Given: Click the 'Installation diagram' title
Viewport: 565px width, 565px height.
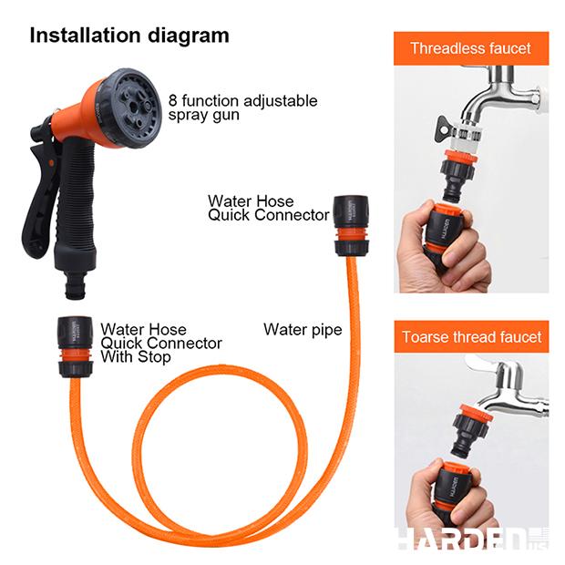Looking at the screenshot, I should click(129, 36).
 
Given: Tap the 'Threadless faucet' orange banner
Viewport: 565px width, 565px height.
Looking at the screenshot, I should click(471, 48).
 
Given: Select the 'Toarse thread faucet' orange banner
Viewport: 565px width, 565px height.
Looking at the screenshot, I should click(471, 337).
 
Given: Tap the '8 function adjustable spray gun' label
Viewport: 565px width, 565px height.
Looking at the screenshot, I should click(242, 108).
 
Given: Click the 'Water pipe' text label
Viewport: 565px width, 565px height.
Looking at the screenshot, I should click(303, 330).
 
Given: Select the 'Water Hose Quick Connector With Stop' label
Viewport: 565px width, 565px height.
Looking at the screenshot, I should click(160, 343).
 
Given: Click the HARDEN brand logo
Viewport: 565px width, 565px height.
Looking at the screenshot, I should click(460, 539).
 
